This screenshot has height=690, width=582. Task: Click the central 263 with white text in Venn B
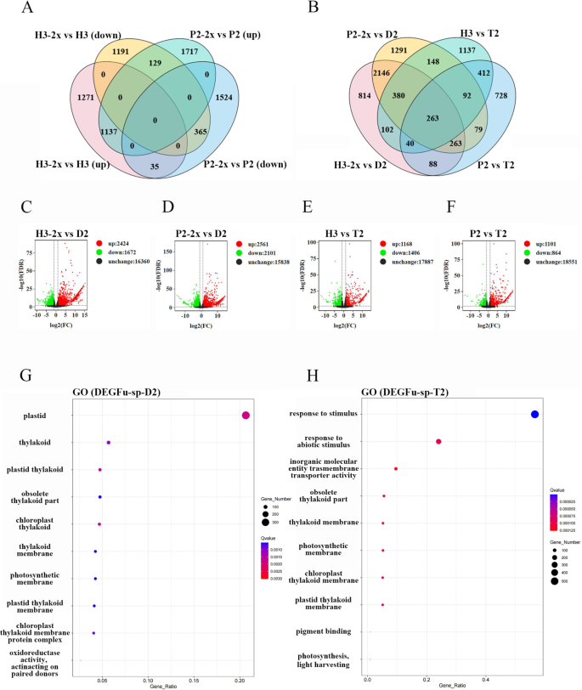tap(435, 118)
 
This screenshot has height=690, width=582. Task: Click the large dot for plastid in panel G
tap(246, 415)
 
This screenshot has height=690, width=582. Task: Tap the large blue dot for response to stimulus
tap(534, 414)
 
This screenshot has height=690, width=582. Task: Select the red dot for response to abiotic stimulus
tap(438, 442)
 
